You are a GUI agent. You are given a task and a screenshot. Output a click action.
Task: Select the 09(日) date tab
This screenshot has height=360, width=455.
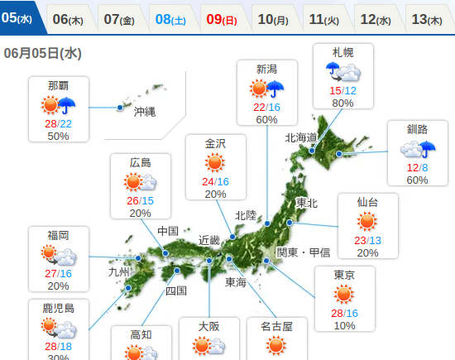click(222, 18)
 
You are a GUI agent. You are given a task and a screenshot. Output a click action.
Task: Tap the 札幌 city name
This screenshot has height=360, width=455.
click(342, 52)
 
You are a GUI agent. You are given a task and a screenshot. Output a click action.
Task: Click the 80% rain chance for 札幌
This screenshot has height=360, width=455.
click(342, 103)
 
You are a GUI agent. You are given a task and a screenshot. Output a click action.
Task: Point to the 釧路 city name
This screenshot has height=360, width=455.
click(418, 129)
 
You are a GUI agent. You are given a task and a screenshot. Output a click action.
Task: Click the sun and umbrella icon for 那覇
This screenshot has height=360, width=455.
click(59, 105)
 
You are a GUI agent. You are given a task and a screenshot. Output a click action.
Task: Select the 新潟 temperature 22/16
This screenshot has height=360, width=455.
click(266, 107)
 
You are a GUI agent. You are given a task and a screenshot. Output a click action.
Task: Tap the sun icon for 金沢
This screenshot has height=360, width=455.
click(215, 162)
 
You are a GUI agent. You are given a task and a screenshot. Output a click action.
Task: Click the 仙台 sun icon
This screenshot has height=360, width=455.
click(367, 221)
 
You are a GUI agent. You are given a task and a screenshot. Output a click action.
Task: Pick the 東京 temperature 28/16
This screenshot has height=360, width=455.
click(344, 313)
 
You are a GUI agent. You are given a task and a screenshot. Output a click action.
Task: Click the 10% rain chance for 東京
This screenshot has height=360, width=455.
click(344, 325)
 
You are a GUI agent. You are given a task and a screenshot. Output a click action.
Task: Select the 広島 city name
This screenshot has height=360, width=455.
click(140, 162)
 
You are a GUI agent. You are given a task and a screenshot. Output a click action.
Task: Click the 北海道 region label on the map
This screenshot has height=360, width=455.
click(301, 137)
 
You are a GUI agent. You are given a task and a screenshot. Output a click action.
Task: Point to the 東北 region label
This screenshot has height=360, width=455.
click(306, 203)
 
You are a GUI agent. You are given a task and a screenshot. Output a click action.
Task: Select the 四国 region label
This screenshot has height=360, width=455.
click(175, 290)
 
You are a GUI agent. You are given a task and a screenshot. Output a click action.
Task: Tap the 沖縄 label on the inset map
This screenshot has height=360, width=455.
click(144, 111)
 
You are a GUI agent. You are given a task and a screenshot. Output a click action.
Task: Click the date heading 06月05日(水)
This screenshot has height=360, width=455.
click(41, 53)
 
